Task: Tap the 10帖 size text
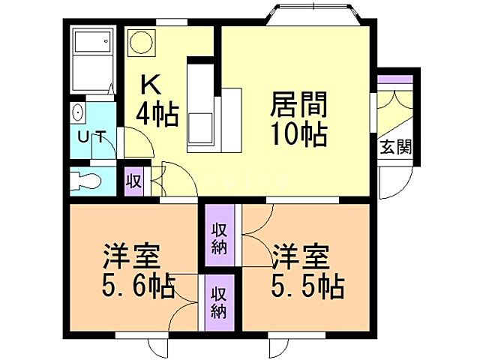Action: point(298,135)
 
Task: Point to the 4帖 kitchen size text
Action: point(157,114)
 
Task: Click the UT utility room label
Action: point(92,138)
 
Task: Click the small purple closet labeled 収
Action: point(133,181)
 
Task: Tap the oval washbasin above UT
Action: point(79,114)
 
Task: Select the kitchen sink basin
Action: point(202,125)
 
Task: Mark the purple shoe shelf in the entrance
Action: point(395,78)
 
